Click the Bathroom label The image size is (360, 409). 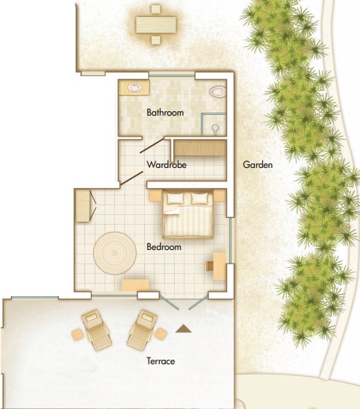click(165, 113)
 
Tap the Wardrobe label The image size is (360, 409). click(167, 165)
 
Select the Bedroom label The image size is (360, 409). click(164, 247)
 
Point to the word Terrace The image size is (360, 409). click(161, 361)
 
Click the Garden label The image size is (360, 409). click(258, 165)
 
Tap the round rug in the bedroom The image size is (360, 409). click(115, 253)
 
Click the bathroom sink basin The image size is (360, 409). click(135, 87)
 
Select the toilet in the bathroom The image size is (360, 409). click(217, 92)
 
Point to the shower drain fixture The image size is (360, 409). click(215, 128)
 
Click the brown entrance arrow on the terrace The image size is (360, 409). click(184, 328)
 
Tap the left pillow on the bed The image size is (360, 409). click(176, 199)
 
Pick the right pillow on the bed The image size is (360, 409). click(199, 199)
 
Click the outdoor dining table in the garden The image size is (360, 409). click(156, 25)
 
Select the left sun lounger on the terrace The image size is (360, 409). click(96, 330)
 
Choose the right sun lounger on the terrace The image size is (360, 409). click(142, 330)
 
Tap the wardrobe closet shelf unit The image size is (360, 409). click(199, 148)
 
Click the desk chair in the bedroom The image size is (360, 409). click(210, 266)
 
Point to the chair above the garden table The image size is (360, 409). click(156, 9)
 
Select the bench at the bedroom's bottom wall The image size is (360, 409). click(135, 285)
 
